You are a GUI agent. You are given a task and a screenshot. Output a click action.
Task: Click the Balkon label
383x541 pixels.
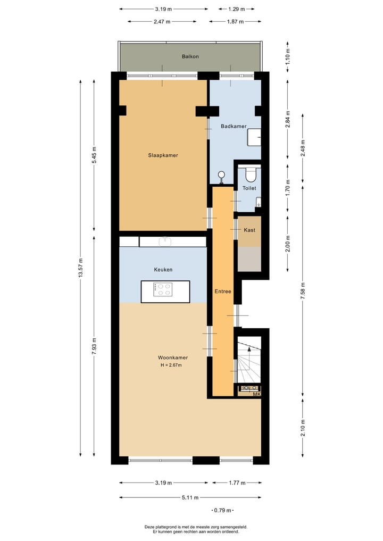(x=190, y=56)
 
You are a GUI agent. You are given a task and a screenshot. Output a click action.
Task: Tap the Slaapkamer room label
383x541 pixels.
(x=163, y=155)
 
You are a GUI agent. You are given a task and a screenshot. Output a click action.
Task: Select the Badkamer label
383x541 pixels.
(x=234, y=126)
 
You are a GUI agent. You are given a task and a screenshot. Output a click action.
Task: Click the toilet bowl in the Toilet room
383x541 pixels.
(x=250, y=173)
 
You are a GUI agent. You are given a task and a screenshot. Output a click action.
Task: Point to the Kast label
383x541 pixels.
(x=249, y=230)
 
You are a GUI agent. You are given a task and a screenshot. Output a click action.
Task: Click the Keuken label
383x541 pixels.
(x=163, y=270)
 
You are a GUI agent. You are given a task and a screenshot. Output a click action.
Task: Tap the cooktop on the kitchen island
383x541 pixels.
(x=163, y=289)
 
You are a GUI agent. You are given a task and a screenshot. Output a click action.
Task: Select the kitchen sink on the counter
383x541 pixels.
(x=165, y=242)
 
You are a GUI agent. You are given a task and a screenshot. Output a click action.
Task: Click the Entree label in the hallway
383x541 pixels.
(x=222, y=292)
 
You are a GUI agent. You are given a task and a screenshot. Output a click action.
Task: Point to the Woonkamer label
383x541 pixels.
(x=172, y=357)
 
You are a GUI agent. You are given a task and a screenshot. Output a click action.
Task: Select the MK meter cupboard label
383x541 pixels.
(x=256, y=394)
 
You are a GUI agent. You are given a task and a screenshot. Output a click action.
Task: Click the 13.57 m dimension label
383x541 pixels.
(x=81, y=268)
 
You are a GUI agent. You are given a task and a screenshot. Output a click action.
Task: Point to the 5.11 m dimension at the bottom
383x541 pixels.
(x=190, y=498)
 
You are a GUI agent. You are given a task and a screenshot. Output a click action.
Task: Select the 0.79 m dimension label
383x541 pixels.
(x=222, y=511)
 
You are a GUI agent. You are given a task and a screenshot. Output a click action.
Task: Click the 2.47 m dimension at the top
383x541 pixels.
(x=162, y=22)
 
